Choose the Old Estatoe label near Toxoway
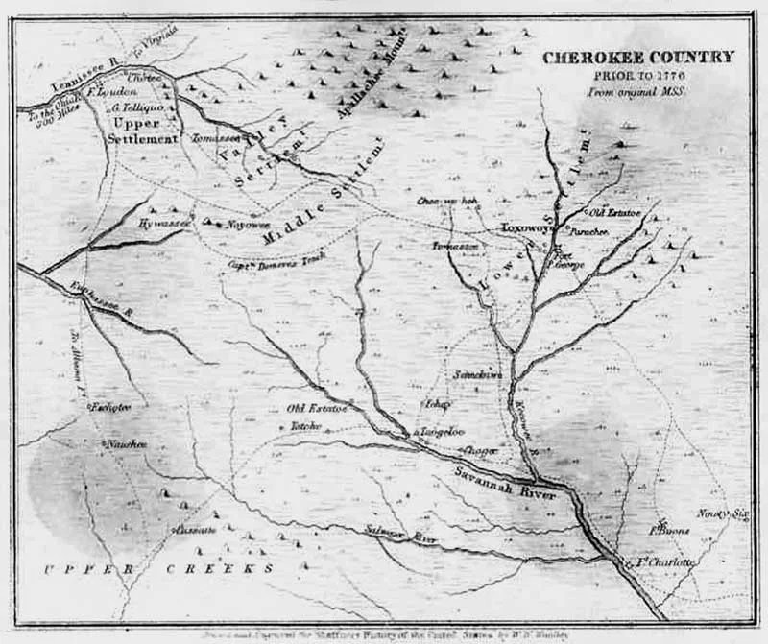tap(610, 212)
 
